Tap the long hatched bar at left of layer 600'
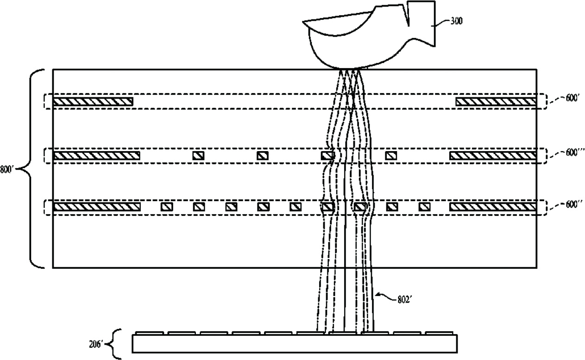tap(93, 101)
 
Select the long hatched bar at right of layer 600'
tap(496, 101)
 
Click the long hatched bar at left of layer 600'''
tap(96, 156)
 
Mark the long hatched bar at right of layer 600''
tap(493, 207)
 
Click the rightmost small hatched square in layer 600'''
tap(391, 156)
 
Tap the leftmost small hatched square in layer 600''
tap(167, 207)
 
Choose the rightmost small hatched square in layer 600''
tap(424, 207)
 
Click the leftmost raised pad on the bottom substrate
tap(149, 333)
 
